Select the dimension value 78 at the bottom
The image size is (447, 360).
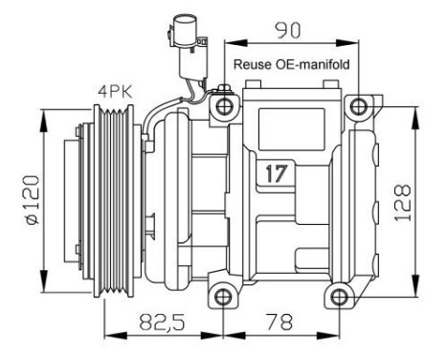(281, 325)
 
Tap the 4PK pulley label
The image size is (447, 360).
(114, 92)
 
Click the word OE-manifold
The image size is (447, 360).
(313, 65)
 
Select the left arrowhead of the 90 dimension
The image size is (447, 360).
(231, 44)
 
